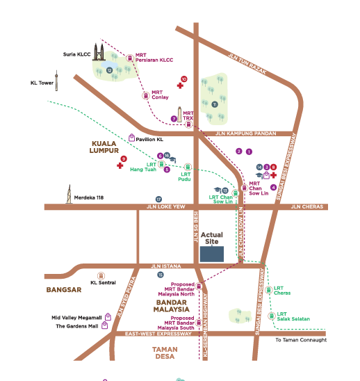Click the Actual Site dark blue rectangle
(212, 252)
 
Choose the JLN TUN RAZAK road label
(247, 64)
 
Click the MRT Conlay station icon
(145, 94)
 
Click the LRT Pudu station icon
(187, 166)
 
